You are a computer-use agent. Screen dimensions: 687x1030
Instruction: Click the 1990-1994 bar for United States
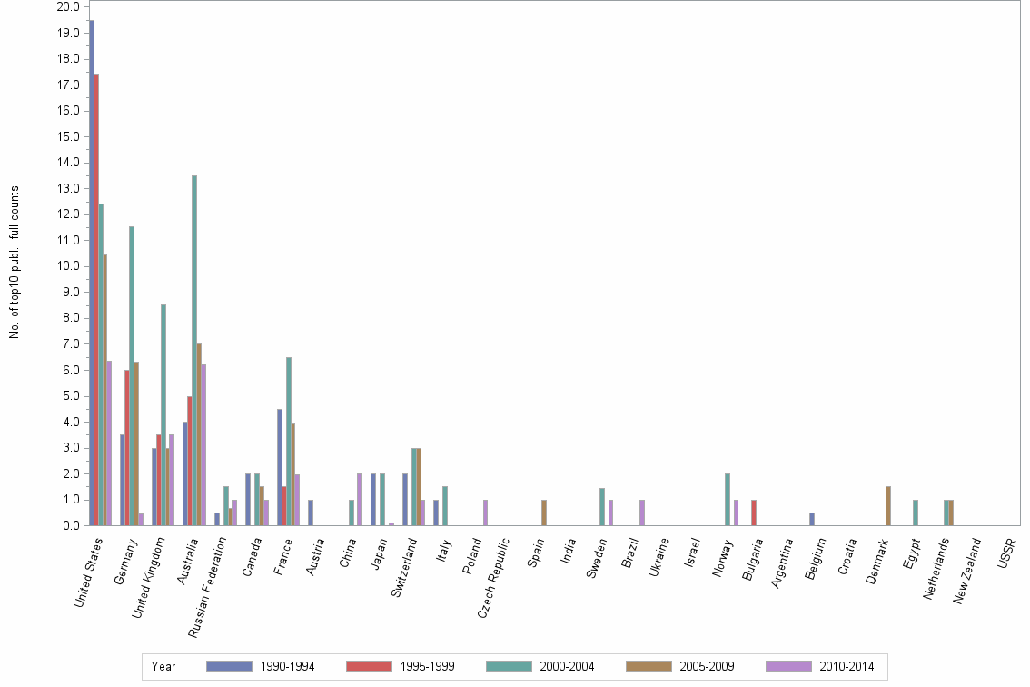tap(92, 273)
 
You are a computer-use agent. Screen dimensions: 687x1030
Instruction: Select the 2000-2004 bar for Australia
tap(194, 351)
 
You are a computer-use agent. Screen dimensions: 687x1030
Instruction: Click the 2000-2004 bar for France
tap(289, 442)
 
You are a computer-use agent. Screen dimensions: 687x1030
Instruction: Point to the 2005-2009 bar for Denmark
tap(888, 506)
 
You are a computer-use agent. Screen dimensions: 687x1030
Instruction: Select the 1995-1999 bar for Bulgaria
tap(754, 513)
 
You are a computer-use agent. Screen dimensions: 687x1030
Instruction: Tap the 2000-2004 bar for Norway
tap(728, 500)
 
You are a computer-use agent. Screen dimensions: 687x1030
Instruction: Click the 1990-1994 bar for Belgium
tap(812, 520)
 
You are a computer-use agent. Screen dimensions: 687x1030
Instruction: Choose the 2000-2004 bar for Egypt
tap(916, 513)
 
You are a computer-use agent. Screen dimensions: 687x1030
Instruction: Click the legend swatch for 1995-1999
tap(369, 666)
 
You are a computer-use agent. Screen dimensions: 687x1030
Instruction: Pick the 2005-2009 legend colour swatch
tap(649, 666)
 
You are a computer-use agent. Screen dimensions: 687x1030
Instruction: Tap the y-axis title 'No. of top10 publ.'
tap(15, 264)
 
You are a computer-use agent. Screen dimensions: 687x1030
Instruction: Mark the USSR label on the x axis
tap(1006, 553)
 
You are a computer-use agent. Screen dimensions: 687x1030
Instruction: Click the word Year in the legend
tap(164, 666)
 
